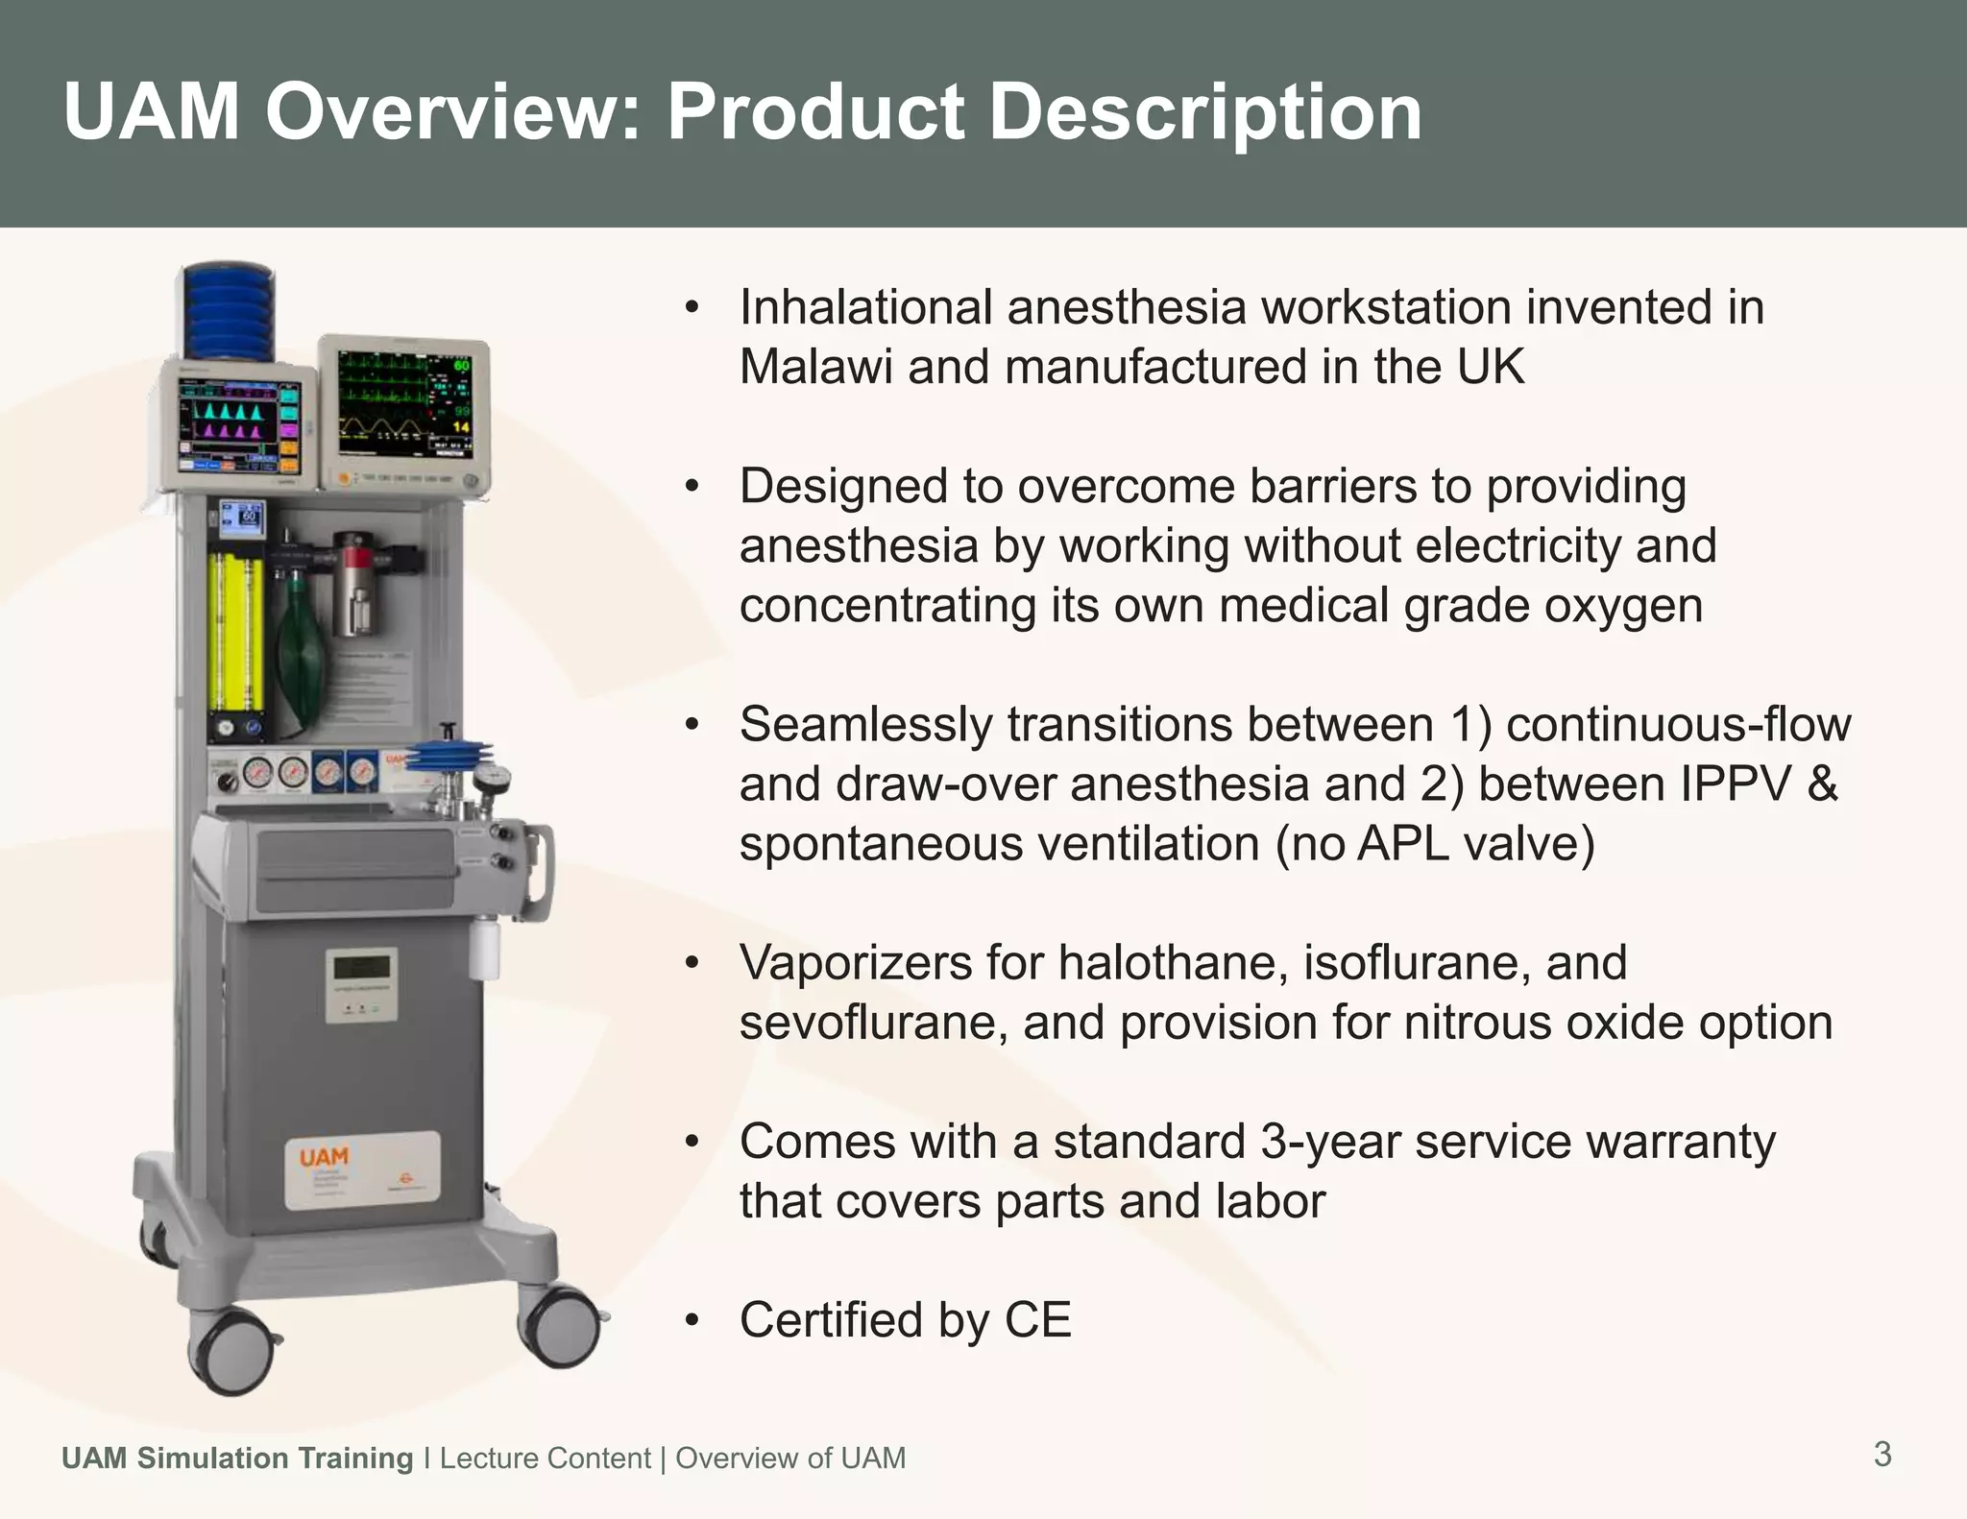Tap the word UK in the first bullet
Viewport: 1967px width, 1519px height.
1490,367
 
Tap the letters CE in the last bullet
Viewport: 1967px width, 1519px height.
1037,1320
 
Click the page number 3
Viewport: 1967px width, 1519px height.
1882,1454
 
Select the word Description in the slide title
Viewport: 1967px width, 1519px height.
1204,112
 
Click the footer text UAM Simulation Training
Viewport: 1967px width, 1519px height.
236,1458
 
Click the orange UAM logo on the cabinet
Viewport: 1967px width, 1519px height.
324,1157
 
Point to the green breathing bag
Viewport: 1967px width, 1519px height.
301,663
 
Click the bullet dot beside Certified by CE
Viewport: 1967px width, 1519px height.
692,1321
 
